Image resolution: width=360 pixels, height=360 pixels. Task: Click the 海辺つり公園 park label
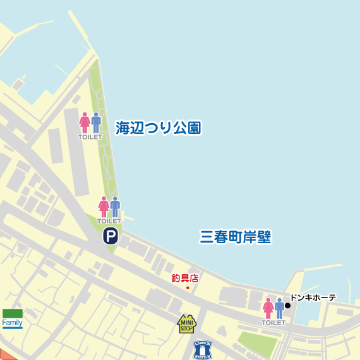[158, 128]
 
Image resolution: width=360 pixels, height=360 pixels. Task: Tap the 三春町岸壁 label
[235, 237]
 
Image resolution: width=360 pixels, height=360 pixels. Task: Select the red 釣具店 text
[185, 277]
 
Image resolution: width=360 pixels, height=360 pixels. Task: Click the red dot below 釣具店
[188, 288]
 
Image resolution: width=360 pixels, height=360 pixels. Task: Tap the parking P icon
[111, 236]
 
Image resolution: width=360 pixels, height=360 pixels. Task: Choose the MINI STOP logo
[186, 324]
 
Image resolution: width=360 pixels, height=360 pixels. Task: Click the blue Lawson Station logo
[202, 349]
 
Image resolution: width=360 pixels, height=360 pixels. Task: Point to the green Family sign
[13, 318]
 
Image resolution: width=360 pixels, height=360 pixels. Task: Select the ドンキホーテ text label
[313, 297]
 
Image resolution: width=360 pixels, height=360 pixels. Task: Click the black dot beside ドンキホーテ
[288, 306]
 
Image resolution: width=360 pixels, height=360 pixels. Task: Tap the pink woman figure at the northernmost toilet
[85, 123]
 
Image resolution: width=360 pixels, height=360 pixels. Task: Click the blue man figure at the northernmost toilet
[96, 123]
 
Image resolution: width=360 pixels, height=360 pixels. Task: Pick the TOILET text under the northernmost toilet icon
[90, 137]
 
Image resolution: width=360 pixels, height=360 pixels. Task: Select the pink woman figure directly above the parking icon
[104, 207]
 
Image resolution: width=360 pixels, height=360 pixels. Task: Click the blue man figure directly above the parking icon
[115, 207]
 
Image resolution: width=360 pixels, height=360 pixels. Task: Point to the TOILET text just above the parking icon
[109, 221]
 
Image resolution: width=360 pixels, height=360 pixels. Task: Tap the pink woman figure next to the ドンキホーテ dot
[268, 308]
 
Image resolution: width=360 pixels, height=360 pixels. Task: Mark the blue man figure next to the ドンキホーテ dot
[279, 308]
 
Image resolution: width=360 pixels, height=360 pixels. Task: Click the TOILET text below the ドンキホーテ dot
[273, 323]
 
